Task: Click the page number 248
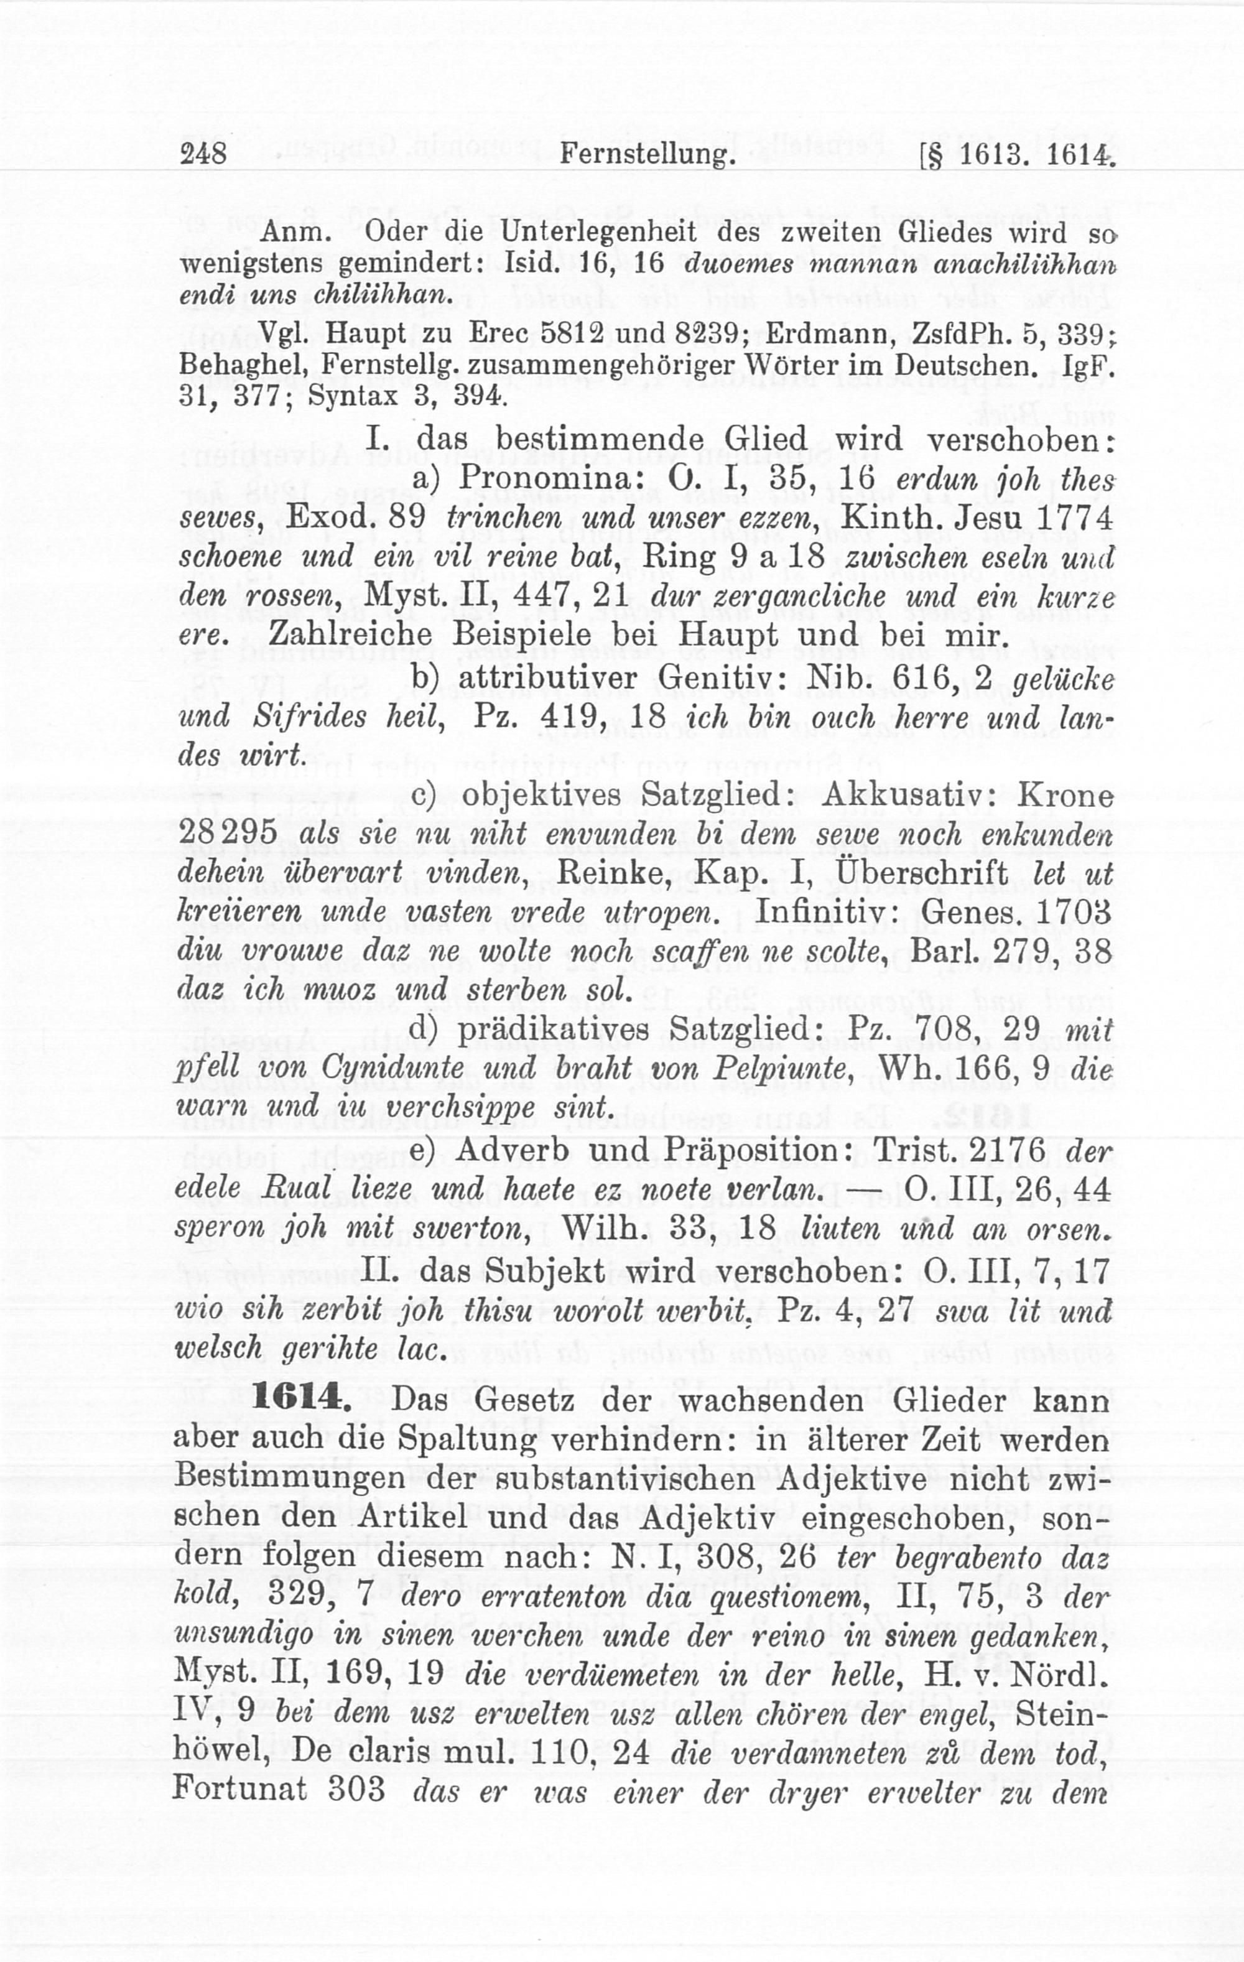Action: [x=203, y=153]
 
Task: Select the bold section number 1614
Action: [x=302, y=1400]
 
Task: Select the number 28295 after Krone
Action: [x=231, y=834]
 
